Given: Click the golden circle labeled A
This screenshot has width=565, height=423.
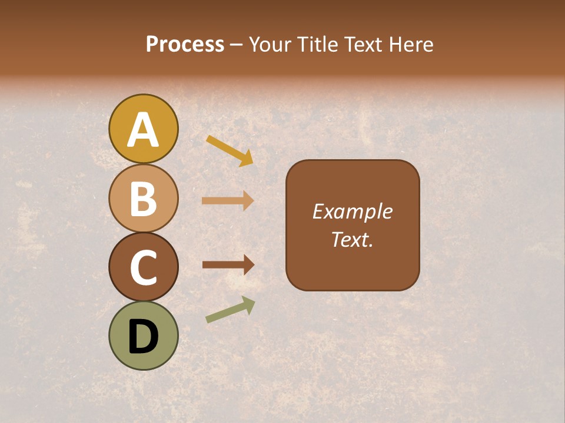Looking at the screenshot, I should click(x=143, y=129).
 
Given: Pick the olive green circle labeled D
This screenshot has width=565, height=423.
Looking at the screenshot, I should click(x=143, y=335).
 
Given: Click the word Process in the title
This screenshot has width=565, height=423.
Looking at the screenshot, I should click(x=185, y=44).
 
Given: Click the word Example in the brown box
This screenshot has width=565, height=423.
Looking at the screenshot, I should click(x=352, y=211).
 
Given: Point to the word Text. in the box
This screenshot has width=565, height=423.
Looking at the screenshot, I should click(x=352, y=239).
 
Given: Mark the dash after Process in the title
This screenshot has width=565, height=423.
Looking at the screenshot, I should click(x=237, y=45).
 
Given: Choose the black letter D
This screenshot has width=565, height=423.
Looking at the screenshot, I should click(x=143, y=337).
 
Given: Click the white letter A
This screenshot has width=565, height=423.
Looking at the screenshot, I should click(x=143, y=130).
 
